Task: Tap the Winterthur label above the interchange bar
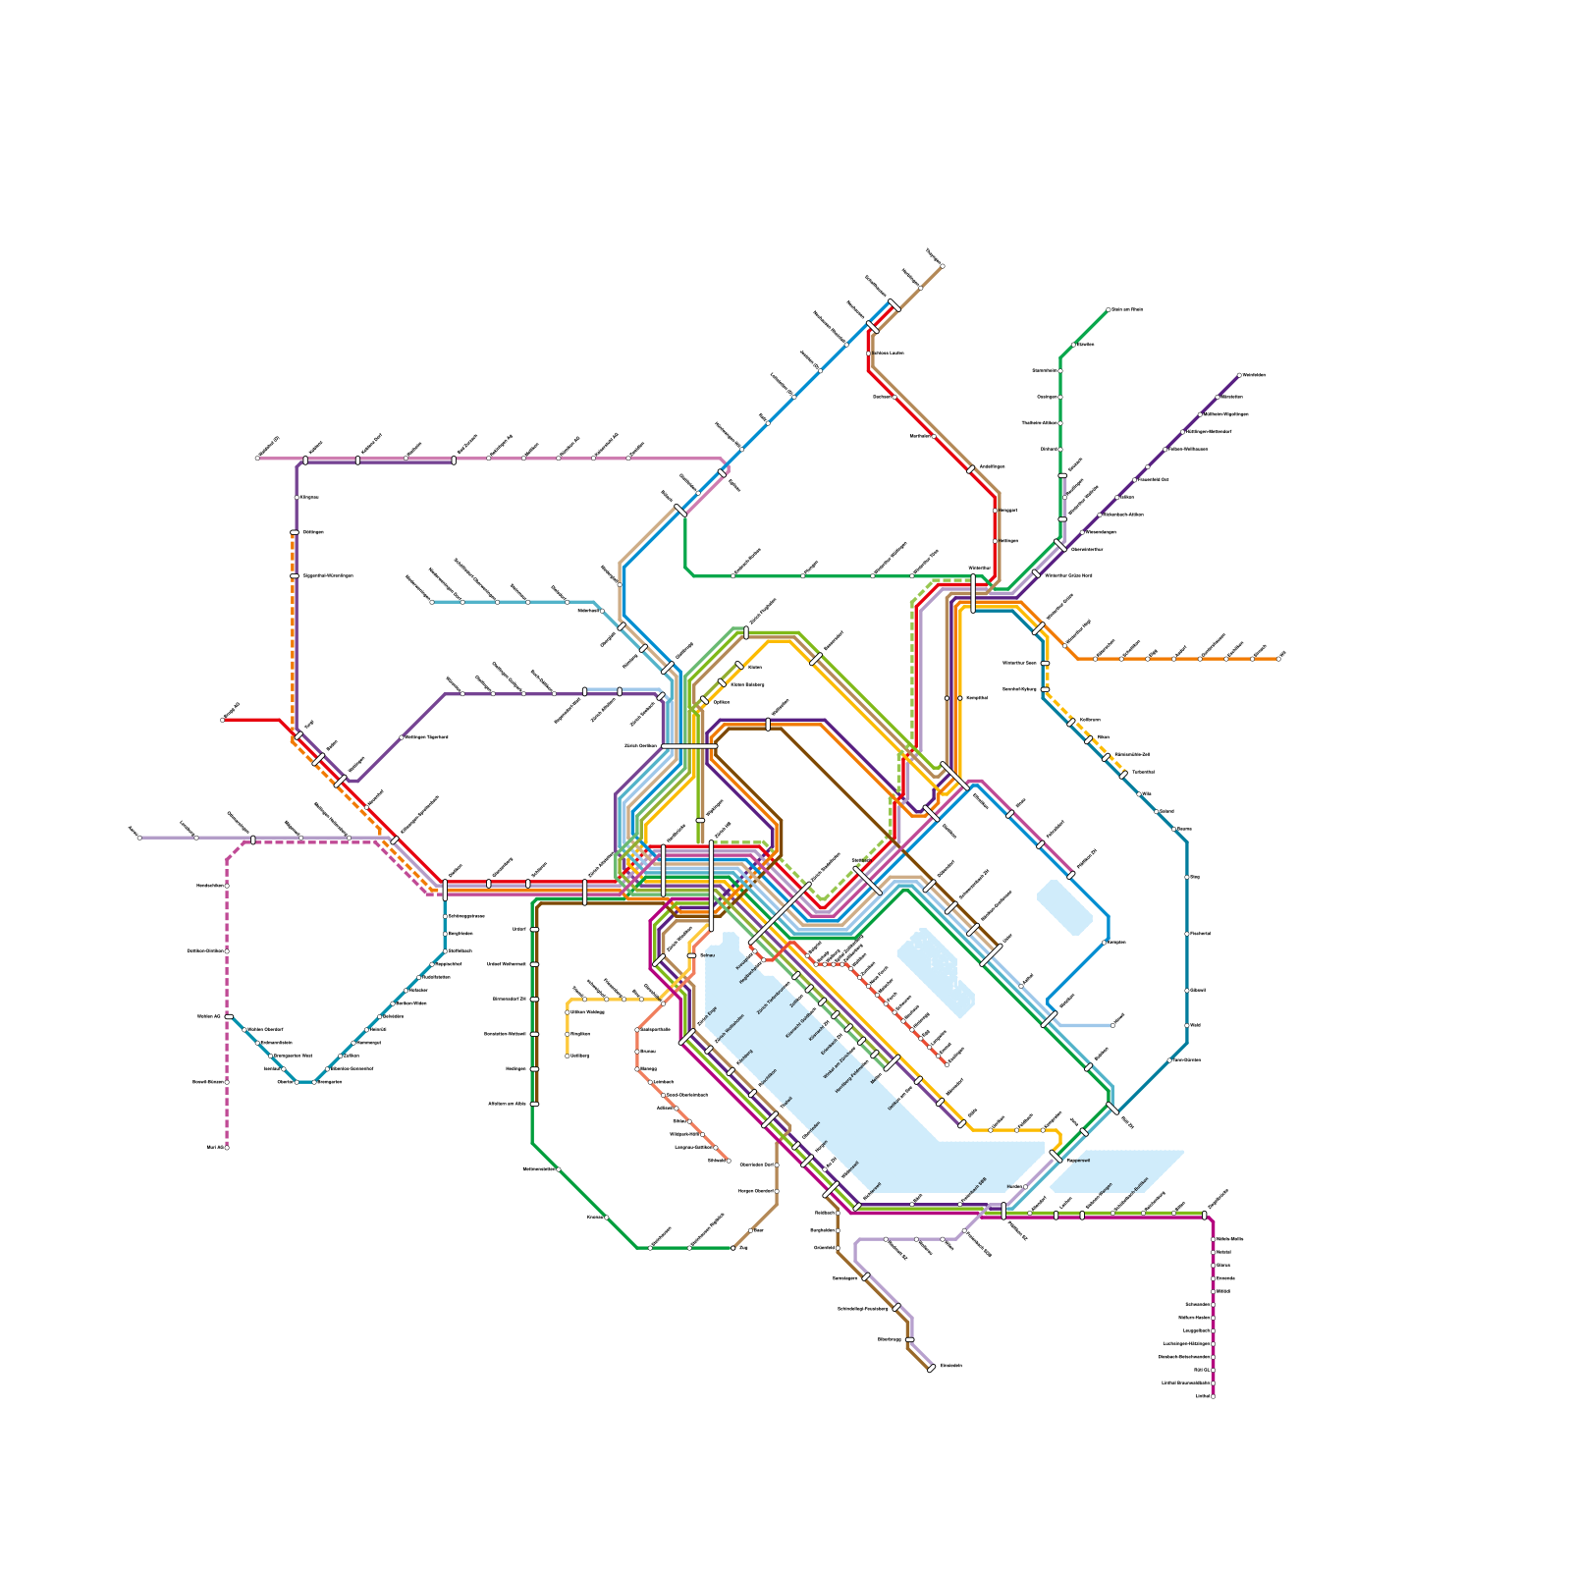point(979,568)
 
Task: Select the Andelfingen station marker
point(971,469)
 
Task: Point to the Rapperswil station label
point(1079,1161)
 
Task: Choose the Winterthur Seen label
point(1019,663)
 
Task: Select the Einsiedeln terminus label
point(950,1366)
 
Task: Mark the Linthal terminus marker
point(1213,1396)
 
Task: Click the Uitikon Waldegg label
point(587,1011)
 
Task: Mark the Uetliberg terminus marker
point(568,1056)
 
